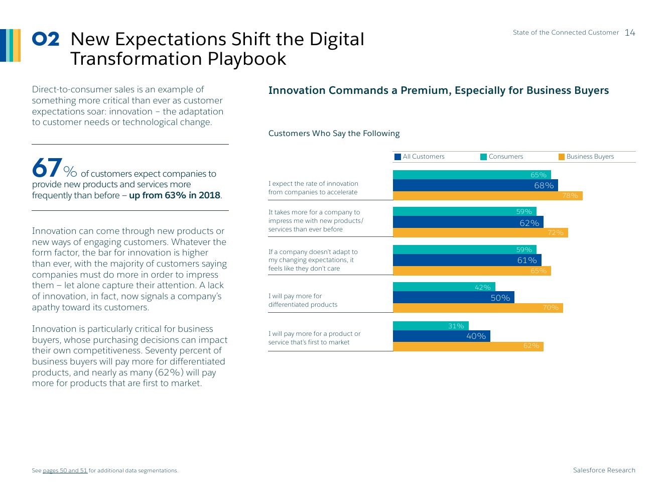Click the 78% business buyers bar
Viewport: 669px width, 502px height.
487,196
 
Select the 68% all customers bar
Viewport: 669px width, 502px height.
475,185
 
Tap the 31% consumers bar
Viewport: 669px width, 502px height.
431,326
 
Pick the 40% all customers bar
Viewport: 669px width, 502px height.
441,336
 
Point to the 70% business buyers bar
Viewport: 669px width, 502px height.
477,308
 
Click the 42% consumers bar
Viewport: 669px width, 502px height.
444,287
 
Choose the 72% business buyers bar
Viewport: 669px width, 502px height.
480,233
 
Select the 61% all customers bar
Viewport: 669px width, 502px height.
467,260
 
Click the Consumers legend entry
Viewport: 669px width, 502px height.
502,157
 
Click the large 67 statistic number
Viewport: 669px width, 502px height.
47,168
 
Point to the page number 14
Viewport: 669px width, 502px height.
630,33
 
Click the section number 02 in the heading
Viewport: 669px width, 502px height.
46,39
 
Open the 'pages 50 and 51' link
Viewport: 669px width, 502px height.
65,471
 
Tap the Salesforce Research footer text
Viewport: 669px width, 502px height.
604,470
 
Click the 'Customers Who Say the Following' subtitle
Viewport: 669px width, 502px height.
334,134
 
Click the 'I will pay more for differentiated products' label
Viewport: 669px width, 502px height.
303,300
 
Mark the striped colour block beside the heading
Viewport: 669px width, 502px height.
11,45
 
